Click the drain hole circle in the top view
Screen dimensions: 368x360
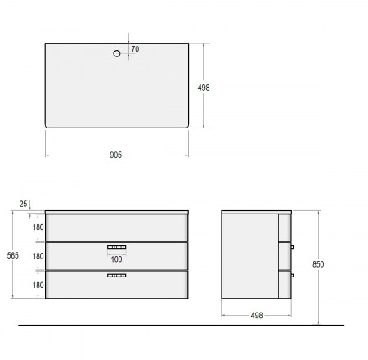tap(117, 53)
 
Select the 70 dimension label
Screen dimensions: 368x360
tap(135, 49)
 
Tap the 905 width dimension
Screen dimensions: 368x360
tap(115, 155)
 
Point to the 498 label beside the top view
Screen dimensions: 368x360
tap(204, 88)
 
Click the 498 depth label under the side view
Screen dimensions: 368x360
tap(257, 315)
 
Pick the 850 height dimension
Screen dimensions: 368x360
tap(318, 264)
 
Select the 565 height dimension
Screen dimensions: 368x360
tap(13, 255)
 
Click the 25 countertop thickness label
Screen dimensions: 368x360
tap(24, 204)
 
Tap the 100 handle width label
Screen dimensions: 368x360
tap(116, 259)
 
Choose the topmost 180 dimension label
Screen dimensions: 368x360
tap(38, 227)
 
